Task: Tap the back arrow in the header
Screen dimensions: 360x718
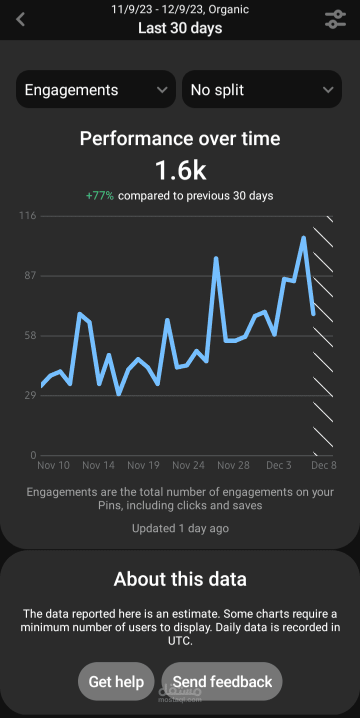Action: pyautogui.click(x=20, y=19)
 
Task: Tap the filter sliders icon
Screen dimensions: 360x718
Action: pyautogui.click(x=335, y=19)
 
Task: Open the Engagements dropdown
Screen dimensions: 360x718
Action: pyautogui.click(x=96, y=89)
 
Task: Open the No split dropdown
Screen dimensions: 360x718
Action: pyautogui.click(x=262, y=89)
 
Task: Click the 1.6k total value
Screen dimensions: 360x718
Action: pyautogui.click(x=180, y=170)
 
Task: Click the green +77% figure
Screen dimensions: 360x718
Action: pyautogui.click(x=100, y=195)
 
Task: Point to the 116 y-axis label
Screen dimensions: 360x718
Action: pyautogui.click(x=27, y=216)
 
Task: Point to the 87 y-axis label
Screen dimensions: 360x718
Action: pyautogui.click(x=30, y=275)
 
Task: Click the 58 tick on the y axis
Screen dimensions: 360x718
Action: pyautogui.click(x=30, y=336)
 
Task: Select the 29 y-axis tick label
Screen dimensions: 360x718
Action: pyautogui.click(x=30, y=395)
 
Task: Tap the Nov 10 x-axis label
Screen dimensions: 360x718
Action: pyautogui.click(x=53, y=465)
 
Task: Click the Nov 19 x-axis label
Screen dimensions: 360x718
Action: pyautogui.click(x=143, y=465)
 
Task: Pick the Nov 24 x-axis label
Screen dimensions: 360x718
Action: pyautogui.click(x=188, y=465)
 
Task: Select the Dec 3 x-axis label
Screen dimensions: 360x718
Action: pyautogui.click(x=279, y=465)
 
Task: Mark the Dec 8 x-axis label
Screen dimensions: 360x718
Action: pyautogui.click(x=323, y=465)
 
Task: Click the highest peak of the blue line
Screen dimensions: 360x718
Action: pyautogui.click(x=303, y=238)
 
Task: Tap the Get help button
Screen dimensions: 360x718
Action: pyautogui.click(x=116, y=682)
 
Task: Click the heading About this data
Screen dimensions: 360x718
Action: pyautogui.click(x=180, y=579)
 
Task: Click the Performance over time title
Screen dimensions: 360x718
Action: pyautogui.click(x=180, y=138)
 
